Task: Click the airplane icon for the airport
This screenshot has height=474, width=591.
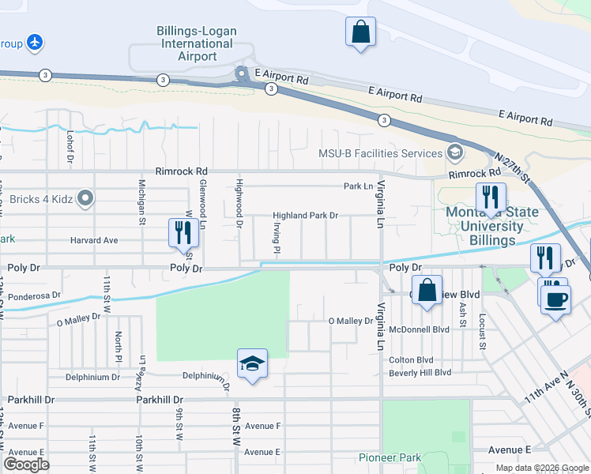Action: pos(35,42)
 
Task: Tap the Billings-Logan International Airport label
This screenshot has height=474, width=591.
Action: pos(198,43)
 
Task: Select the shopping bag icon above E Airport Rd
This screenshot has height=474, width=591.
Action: pos(360,33)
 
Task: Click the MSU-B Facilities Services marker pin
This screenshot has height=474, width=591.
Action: pos(454,152)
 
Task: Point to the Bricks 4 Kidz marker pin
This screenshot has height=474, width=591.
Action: pos(85,198)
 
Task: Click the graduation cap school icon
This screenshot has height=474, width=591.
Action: pos(251,364)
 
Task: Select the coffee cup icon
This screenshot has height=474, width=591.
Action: pos(555,300)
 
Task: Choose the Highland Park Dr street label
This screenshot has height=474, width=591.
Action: pos(305,215)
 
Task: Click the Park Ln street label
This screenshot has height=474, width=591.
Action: pos(357,186)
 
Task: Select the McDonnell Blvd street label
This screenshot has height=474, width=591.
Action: pos(419,329)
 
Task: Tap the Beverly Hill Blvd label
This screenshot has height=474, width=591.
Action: pos(420,372)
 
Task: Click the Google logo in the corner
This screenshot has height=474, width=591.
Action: pos(26,465)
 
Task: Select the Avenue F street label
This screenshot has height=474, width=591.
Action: pos(262,426)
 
